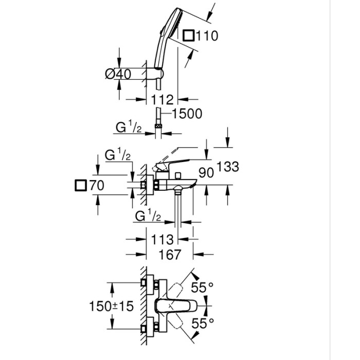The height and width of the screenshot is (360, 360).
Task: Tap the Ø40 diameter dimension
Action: coord(118,74)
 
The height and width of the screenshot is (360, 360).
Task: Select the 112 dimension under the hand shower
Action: coord(161,99)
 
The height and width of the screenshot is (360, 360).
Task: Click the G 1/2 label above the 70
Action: coord(118,155)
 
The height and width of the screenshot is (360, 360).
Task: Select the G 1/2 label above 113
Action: coord(149,217)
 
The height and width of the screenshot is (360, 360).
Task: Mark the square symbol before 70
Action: coord(81,186)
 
